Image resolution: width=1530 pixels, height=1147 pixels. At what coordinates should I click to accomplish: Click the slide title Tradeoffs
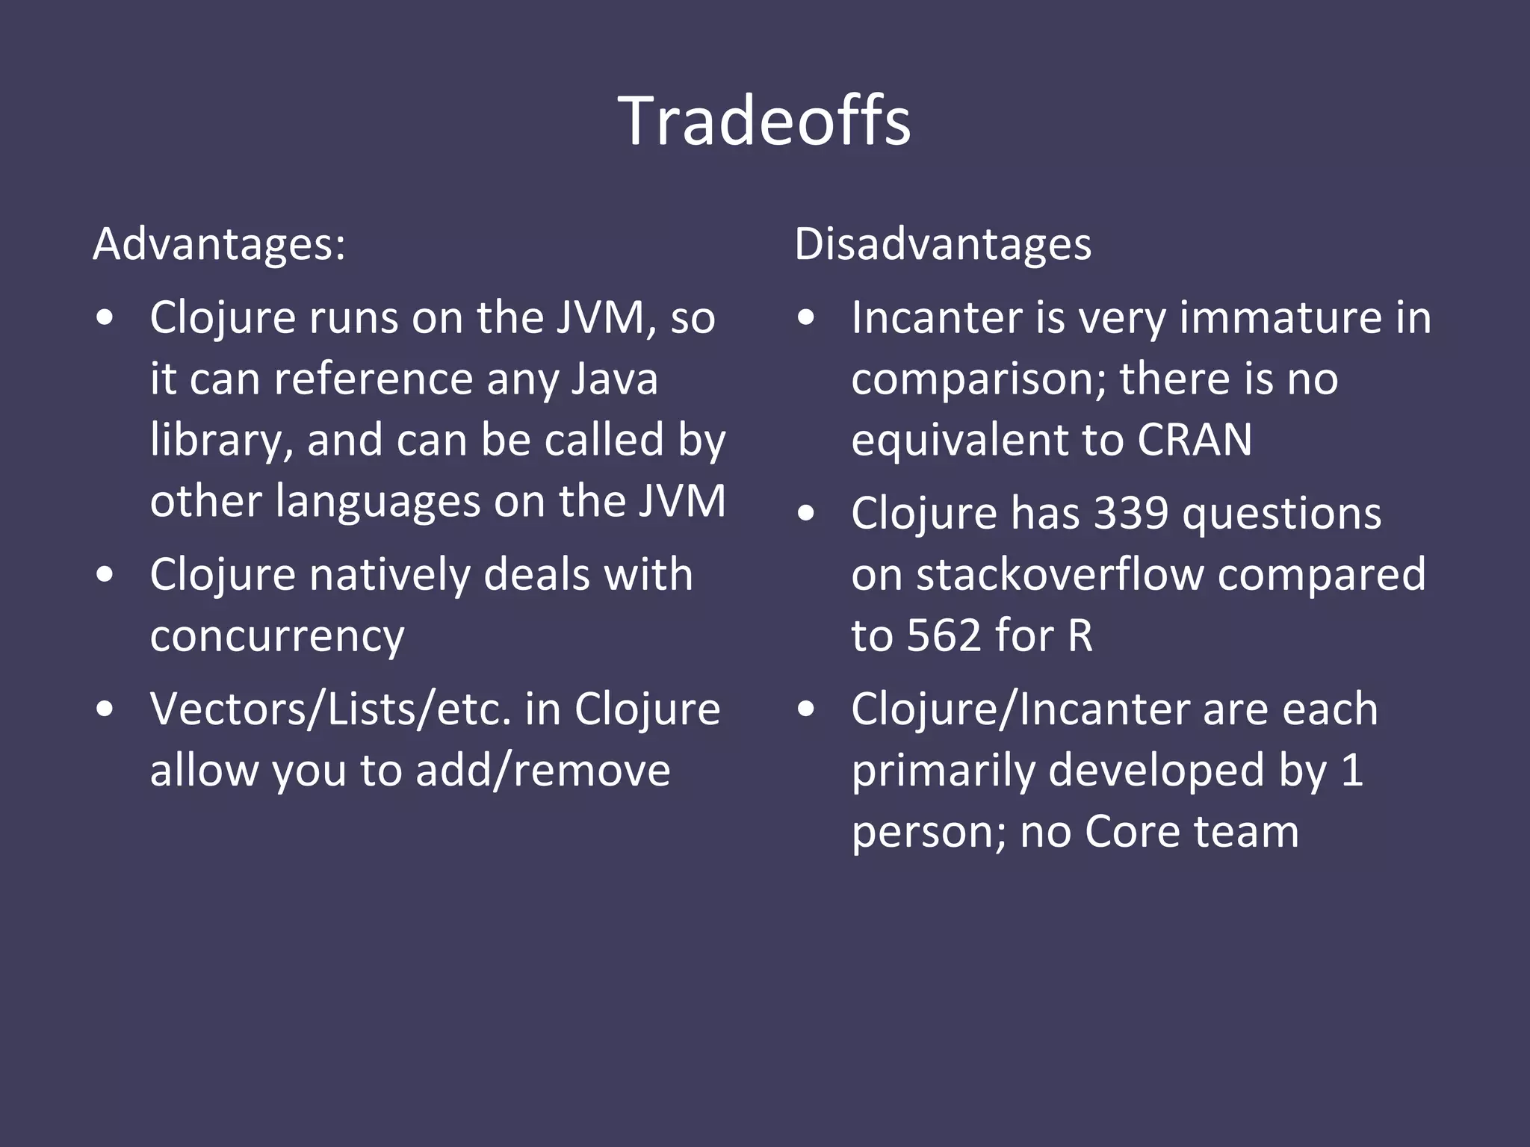pos(764,121)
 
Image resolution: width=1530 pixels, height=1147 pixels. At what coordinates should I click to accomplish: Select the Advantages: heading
pos(219,244)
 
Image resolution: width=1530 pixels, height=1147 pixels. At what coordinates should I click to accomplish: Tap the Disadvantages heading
pos(943,244)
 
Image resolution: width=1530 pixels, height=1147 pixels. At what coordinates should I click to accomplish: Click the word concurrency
pos(277,636)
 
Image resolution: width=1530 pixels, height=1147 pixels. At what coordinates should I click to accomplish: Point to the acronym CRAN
pos(1195,440)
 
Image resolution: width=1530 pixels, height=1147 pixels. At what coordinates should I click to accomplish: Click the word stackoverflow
pos(1060,575)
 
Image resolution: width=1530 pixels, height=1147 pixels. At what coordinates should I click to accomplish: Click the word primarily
pos(943,771)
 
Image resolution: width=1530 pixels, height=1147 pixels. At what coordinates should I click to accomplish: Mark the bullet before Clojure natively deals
pos(105,575)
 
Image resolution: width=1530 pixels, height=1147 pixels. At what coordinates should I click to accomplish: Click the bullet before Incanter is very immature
pos(806,317)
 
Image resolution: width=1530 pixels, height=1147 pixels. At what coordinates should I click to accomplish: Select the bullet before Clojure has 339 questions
pos(806,514)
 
